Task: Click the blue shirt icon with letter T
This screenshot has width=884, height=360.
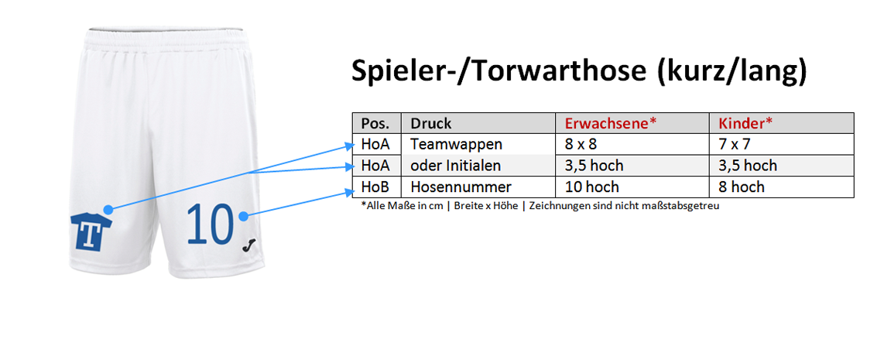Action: coord(91,232)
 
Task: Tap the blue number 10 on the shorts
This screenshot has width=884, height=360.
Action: coord(210,224)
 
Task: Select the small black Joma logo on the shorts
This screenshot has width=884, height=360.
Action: coord(248,245)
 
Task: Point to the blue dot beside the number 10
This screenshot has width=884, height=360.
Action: coord(243,215)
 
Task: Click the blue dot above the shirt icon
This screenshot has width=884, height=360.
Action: coord(108,209)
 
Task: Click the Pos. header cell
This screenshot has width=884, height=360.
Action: coord(377,123)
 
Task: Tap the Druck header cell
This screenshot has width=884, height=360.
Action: coord(478,123)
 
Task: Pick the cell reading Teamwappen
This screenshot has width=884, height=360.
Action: coord(478,144)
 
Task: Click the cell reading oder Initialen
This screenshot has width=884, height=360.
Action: coord(478,165)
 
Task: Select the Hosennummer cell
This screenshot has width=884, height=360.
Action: coord(478,187)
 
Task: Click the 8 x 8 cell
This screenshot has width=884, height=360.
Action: coord(632,144)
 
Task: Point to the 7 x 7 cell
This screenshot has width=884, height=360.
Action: coord(781,144)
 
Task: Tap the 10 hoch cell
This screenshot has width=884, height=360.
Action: coord(632,187)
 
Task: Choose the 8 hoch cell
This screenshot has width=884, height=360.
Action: coord(781,187)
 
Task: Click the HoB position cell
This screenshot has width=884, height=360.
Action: coord(377,187)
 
